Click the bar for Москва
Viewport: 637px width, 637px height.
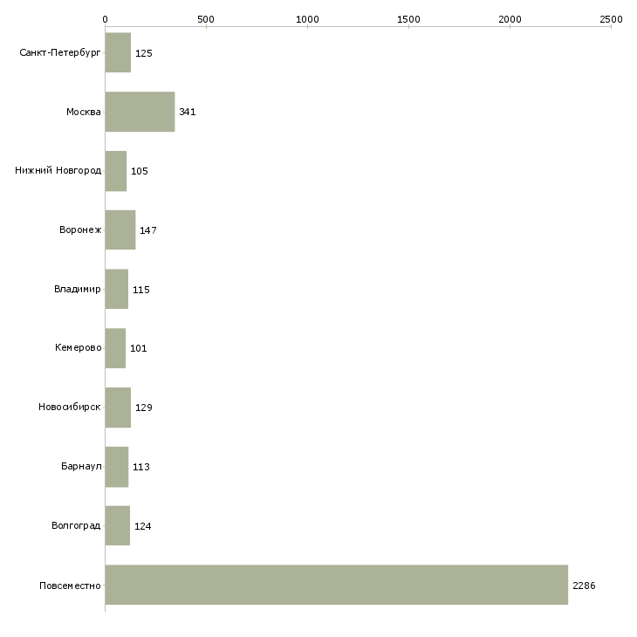(140, 112)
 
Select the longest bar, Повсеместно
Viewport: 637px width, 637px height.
(337, 585)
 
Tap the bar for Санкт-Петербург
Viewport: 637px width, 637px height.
(118, 52)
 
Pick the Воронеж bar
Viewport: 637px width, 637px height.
(120, 230)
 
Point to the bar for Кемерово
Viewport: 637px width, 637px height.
(116, 348)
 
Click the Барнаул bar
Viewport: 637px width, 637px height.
(117, 467)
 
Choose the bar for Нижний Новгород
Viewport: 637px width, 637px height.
(116, 171)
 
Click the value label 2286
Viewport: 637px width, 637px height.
(584, 586)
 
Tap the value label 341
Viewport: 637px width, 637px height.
(188, 112)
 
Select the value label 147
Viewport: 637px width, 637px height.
(147, 230)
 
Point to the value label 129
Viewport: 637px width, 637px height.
(143, 408)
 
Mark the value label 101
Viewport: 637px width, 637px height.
(138, 348)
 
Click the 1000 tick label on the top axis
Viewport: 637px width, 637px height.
(307, 19)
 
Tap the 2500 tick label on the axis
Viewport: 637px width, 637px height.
(611, 19)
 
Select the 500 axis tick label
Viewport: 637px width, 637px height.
(206, 19)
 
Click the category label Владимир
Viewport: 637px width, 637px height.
(77, 289)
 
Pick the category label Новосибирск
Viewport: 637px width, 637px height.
(70, 407)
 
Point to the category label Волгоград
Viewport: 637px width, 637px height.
(76, 525)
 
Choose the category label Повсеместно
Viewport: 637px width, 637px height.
(70, 586)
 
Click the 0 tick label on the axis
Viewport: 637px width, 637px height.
(106, 19)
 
